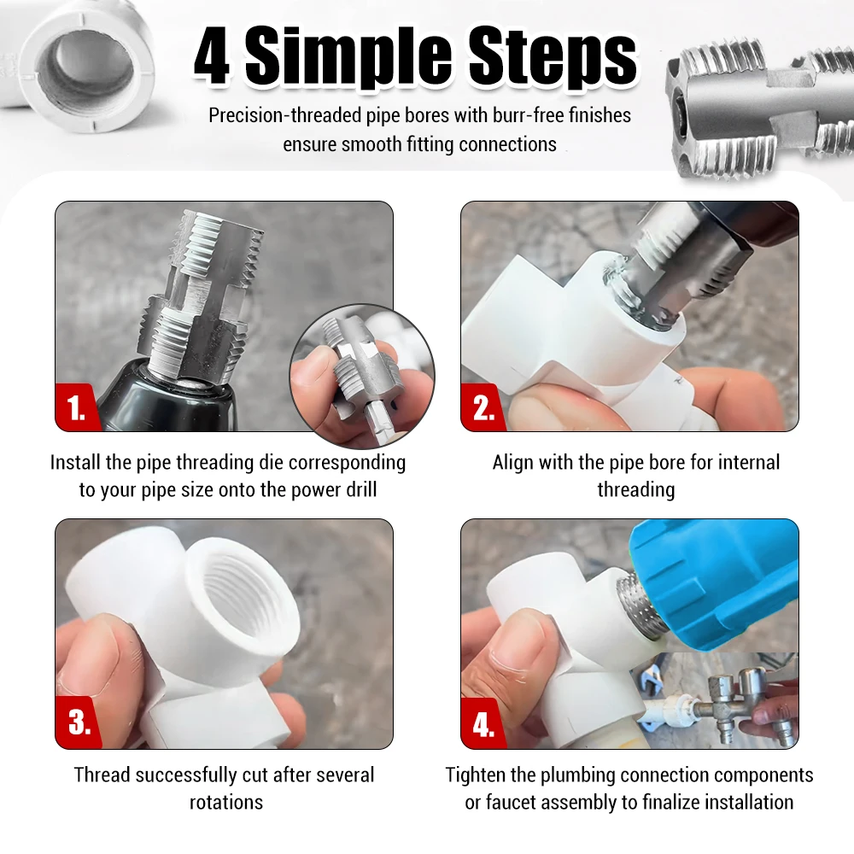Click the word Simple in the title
[348, 58]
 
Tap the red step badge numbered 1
[75, 407]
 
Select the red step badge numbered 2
[482, 407]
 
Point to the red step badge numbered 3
[78, 722]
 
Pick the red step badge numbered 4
[483, 724]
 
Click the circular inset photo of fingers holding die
[362, 377]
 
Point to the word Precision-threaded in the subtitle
[285, 116]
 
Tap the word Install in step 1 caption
[75, 462]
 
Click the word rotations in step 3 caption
[226, 802]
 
